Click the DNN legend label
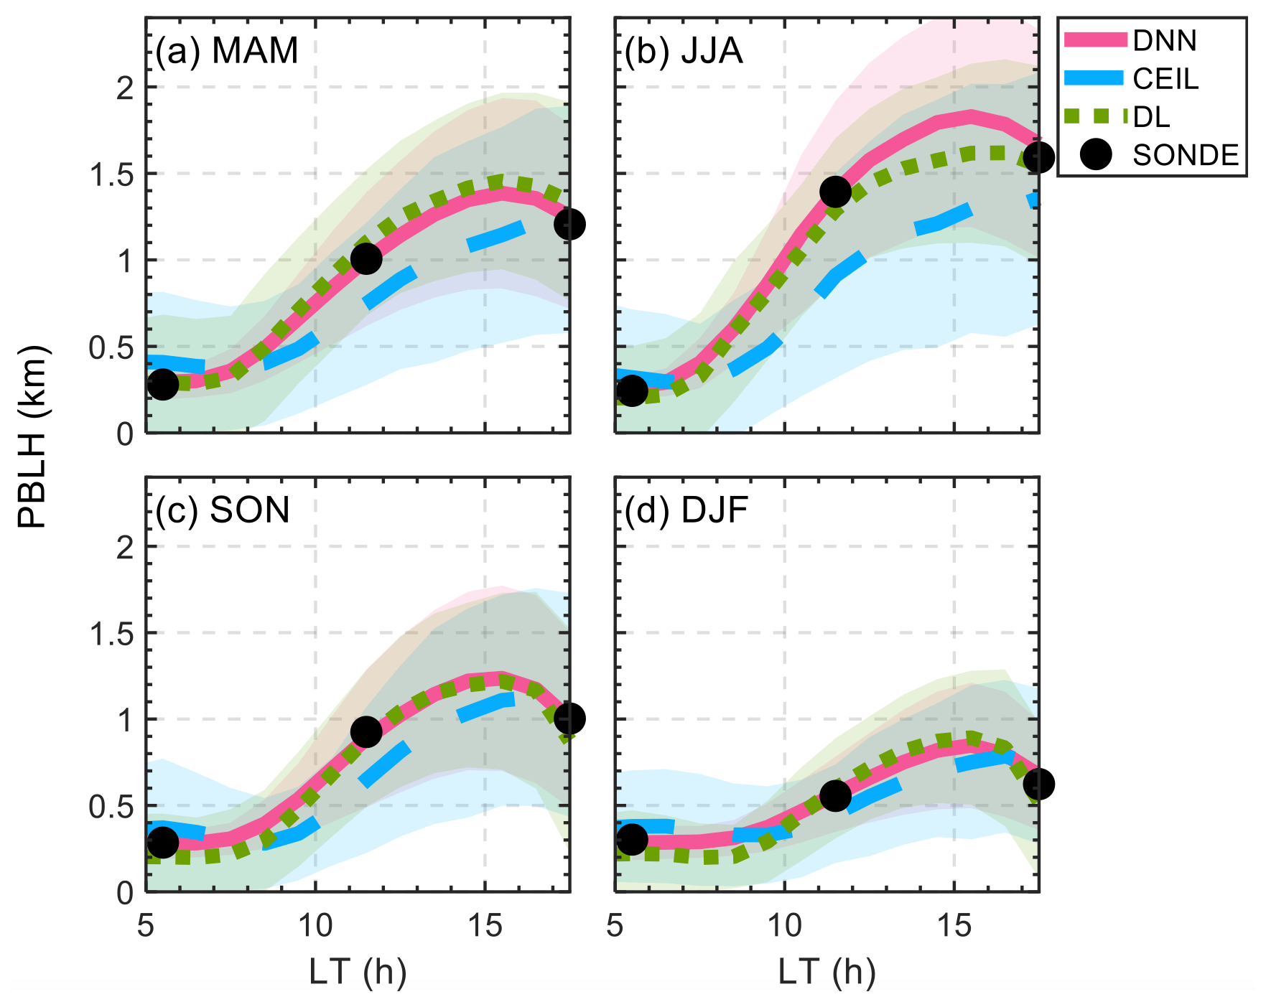click(1164, 41)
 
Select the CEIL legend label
click(1165, 79)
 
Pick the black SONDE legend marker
click(1096, 154)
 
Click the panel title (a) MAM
click(227, 51)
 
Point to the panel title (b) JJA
click(684, 51)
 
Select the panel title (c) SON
click(223, 510)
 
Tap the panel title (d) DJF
click(686, 510)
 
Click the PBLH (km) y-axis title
click(32, 437)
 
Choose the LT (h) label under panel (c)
click(358, 972)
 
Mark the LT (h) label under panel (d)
click(827, 972)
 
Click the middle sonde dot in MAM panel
click(366, 258)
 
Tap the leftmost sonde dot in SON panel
click(163, 842)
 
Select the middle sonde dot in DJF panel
click(835, 795)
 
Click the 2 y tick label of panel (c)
click(125, 548)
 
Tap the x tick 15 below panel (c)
click(485, 927)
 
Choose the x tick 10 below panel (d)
click(784, 927)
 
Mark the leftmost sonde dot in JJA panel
click(632, 390)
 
